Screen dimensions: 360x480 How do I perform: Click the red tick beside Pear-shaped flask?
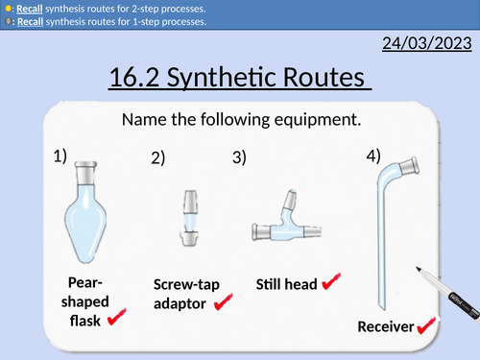pos(118,316)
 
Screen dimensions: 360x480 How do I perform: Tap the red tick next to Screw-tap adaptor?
pos(224,302)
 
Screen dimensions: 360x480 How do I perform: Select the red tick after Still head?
pos(332,282)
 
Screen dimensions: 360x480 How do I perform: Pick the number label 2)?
pos(157,161)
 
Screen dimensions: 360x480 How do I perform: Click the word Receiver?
pos(385,327)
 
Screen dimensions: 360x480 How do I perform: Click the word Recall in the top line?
pos(31,8)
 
